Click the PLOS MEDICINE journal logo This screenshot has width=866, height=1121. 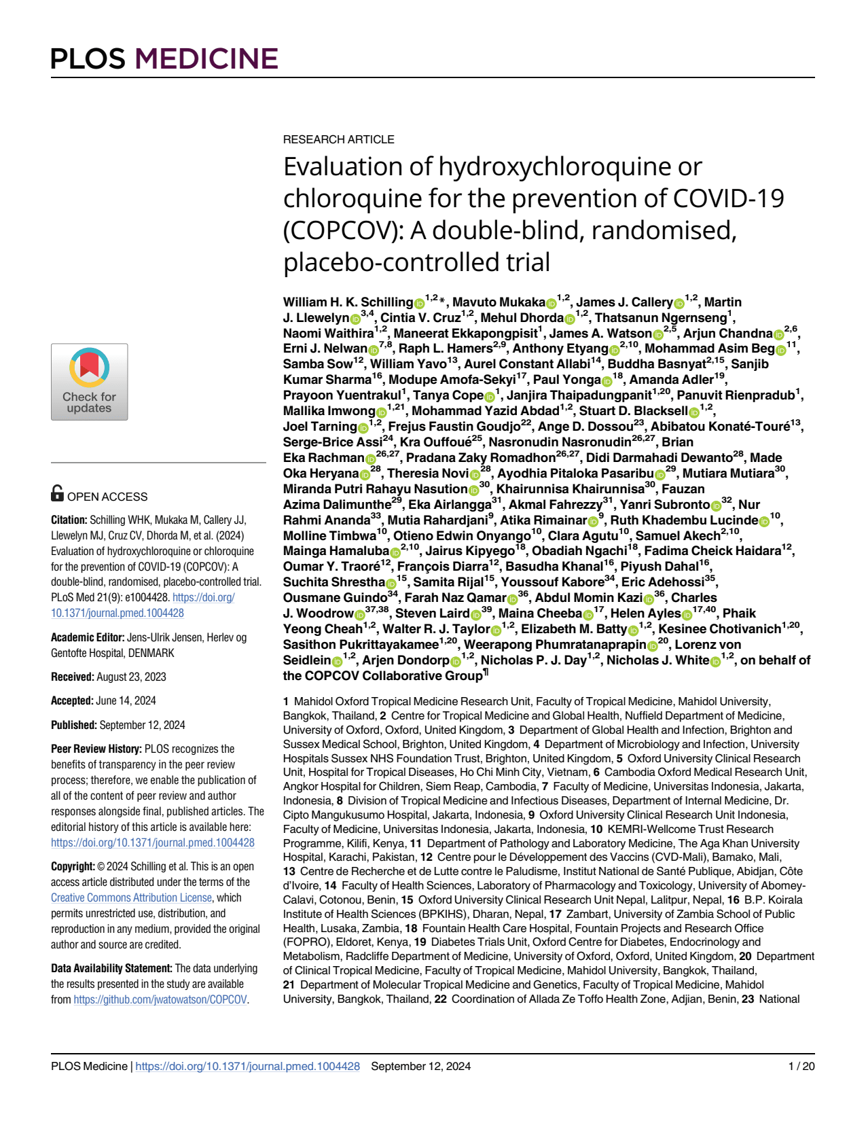[164, 59]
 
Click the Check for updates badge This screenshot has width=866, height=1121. [89, 382]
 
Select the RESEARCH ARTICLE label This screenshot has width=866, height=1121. [338, 139]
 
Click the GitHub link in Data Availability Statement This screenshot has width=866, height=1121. [160, 999]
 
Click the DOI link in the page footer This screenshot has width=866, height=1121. [247, 1066]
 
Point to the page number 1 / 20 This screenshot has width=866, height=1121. [801, 1066]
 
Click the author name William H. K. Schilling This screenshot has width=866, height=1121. [348, 302]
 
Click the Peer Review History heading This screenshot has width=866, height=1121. [96, 749]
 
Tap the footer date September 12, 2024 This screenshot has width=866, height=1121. [420, 1066]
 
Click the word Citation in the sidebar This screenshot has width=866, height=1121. [69, 520]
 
